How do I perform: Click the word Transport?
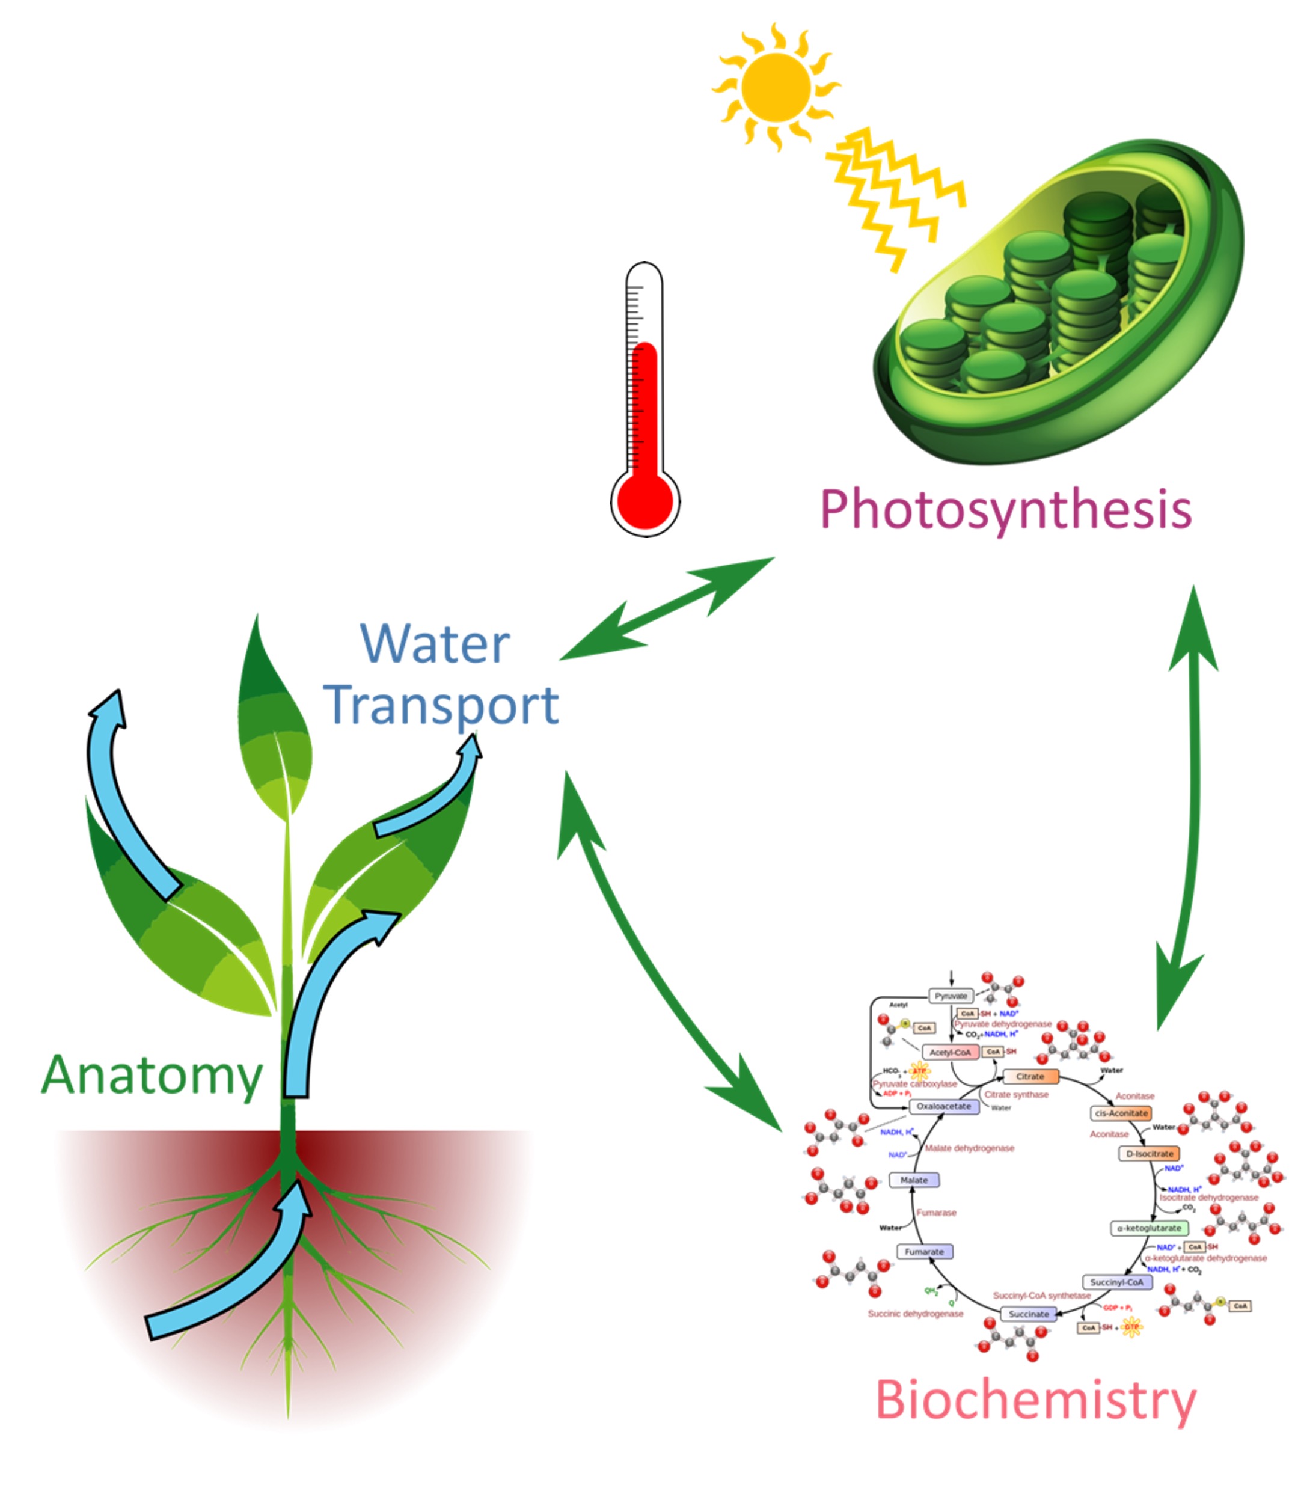(x=441, y=706)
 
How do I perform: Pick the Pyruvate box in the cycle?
(x=951, y=996)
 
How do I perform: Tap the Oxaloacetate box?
(x=944, y=1106)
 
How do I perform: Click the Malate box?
(x=913, y=1180)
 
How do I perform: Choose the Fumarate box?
(x=924, y=1252)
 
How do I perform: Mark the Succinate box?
(x=1028, y=1314)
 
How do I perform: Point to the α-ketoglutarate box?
(x=1148, y=1228)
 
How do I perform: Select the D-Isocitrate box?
(x=1150, y=1154)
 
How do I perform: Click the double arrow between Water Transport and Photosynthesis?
(x=667, y=608)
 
